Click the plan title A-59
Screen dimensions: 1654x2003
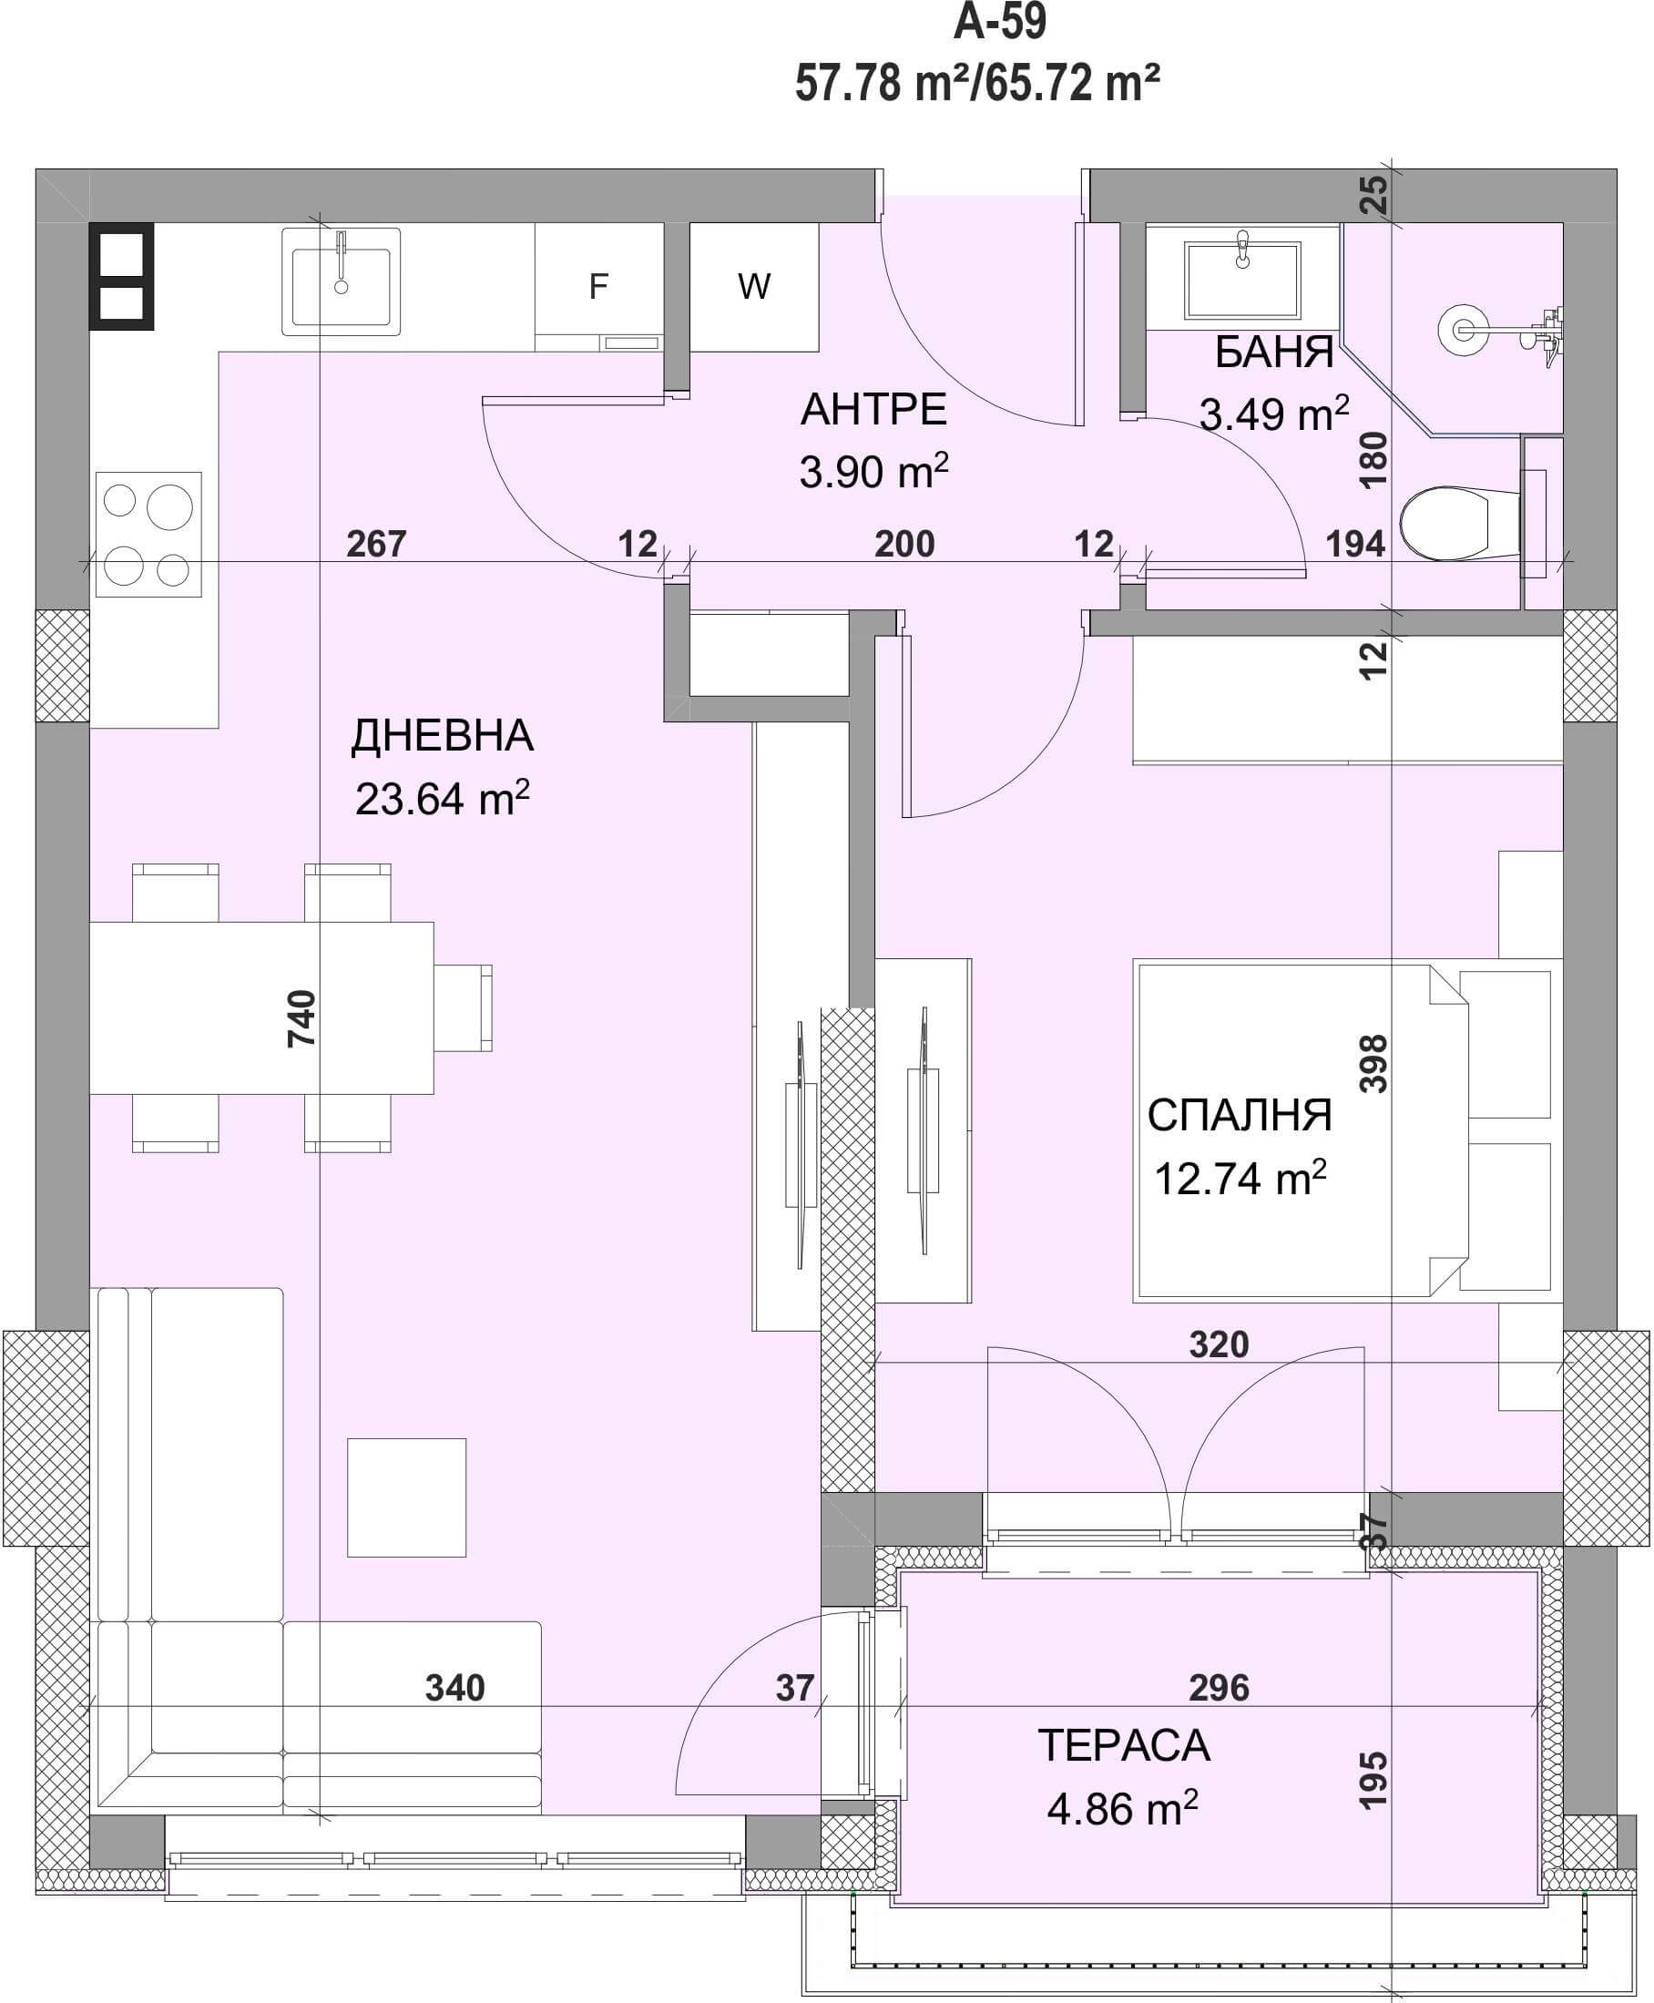999,22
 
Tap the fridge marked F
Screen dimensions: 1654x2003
598,287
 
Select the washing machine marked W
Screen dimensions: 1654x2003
753,287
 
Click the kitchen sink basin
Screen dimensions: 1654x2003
341,281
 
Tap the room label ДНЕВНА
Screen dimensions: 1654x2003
442,736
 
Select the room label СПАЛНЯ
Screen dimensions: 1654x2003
1239,1115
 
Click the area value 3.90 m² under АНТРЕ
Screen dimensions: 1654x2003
873,471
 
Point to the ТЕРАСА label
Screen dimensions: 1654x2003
1123,1746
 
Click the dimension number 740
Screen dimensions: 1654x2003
301,1018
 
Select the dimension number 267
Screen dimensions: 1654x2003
376,544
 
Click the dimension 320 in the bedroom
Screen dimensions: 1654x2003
1219,1344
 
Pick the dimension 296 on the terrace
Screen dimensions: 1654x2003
1219,1688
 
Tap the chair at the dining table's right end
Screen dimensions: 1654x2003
464,1008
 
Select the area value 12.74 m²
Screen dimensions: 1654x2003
1240,1178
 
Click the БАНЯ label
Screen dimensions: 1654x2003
1274,353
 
